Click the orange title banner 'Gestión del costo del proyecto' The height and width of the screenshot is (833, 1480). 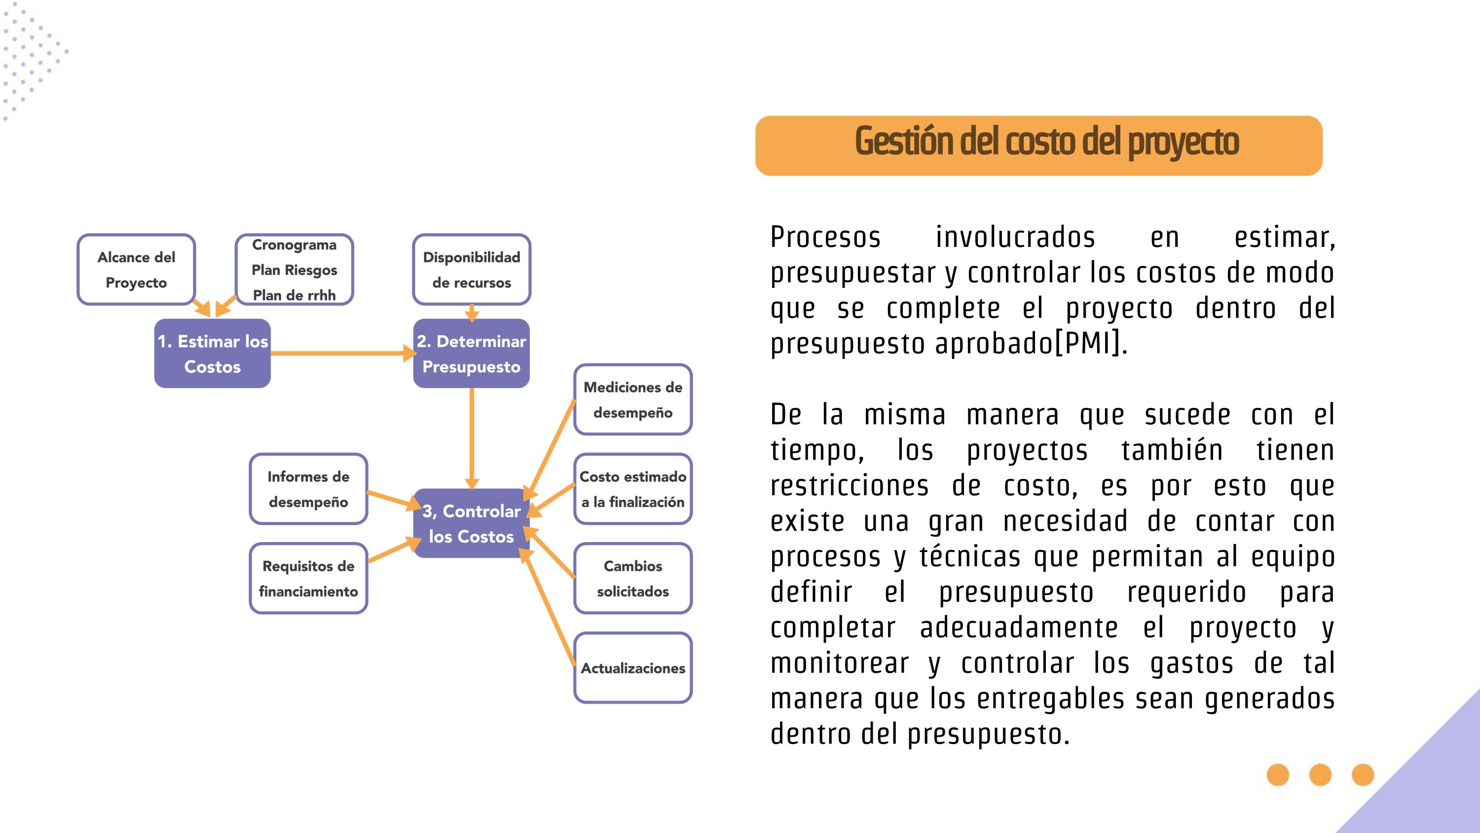[x=1038, y=146]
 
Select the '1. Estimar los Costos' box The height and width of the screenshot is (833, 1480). [x=212, y=354]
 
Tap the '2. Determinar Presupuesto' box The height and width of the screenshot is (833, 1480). [x=471, y=354]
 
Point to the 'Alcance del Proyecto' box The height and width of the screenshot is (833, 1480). [x=136, y=270]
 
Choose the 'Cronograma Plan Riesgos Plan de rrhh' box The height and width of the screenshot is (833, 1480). [x=294, y=270]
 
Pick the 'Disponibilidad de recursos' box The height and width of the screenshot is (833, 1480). [x=471, y=270]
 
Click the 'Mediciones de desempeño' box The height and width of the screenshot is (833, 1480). [x=632, y=399]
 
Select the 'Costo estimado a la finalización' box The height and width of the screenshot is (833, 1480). [x=632, y=489]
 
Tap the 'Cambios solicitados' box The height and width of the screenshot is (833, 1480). [x=632, y=578]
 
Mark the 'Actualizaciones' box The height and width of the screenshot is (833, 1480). [x=632, y=668]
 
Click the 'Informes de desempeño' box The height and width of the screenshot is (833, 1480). [x=308, y=489]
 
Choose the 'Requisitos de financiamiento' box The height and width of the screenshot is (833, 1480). [x=308, y=578]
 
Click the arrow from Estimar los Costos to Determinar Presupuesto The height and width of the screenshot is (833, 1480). [x=339, y=354]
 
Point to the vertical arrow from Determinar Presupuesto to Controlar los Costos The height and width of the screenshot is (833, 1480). [x=471, y=437]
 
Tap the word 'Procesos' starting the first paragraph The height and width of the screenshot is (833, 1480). [x=825, y=238]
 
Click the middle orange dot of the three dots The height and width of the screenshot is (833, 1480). [x=1320, y=775]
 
